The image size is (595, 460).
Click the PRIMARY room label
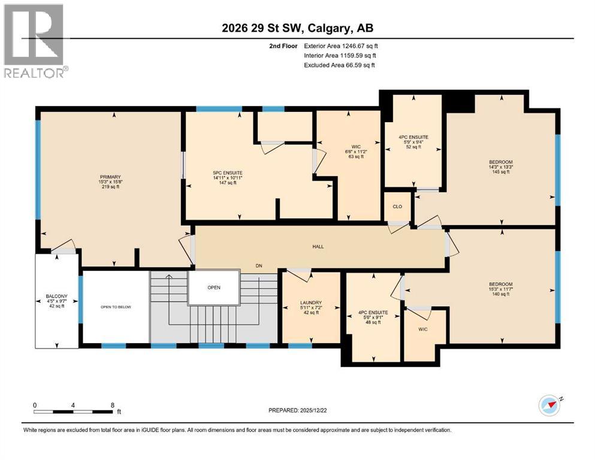(110, 177)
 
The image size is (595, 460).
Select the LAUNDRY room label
(312, 302)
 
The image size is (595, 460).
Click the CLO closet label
(397, 206)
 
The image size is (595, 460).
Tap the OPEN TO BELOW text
(115, 307)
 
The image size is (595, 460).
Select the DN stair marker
(258, 265)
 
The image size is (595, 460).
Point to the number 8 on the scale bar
(112, 404)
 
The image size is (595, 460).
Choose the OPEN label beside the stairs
(214, 287)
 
